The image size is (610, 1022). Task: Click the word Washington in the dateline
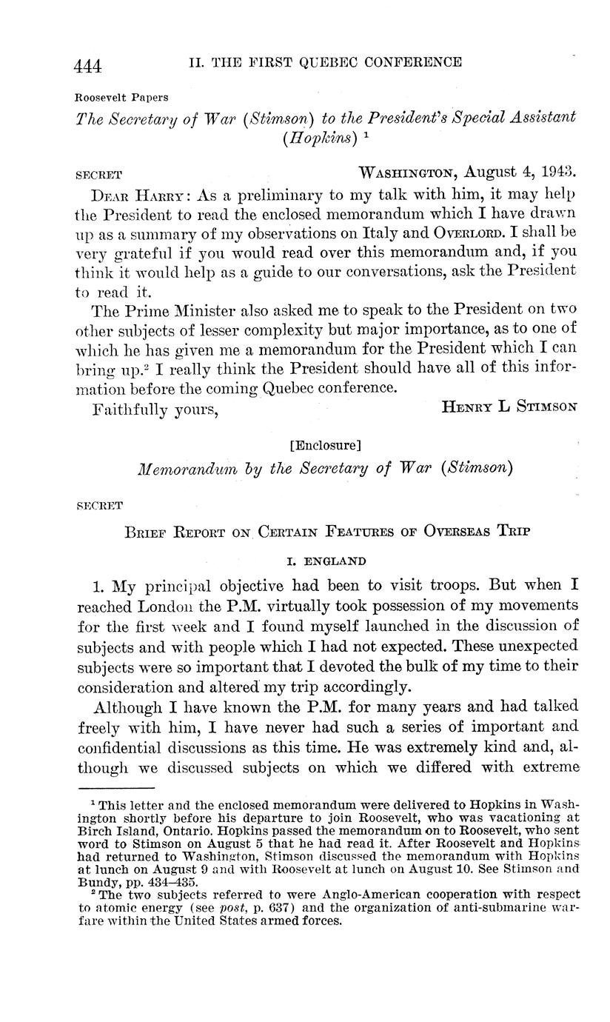(x=406, y=173)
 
